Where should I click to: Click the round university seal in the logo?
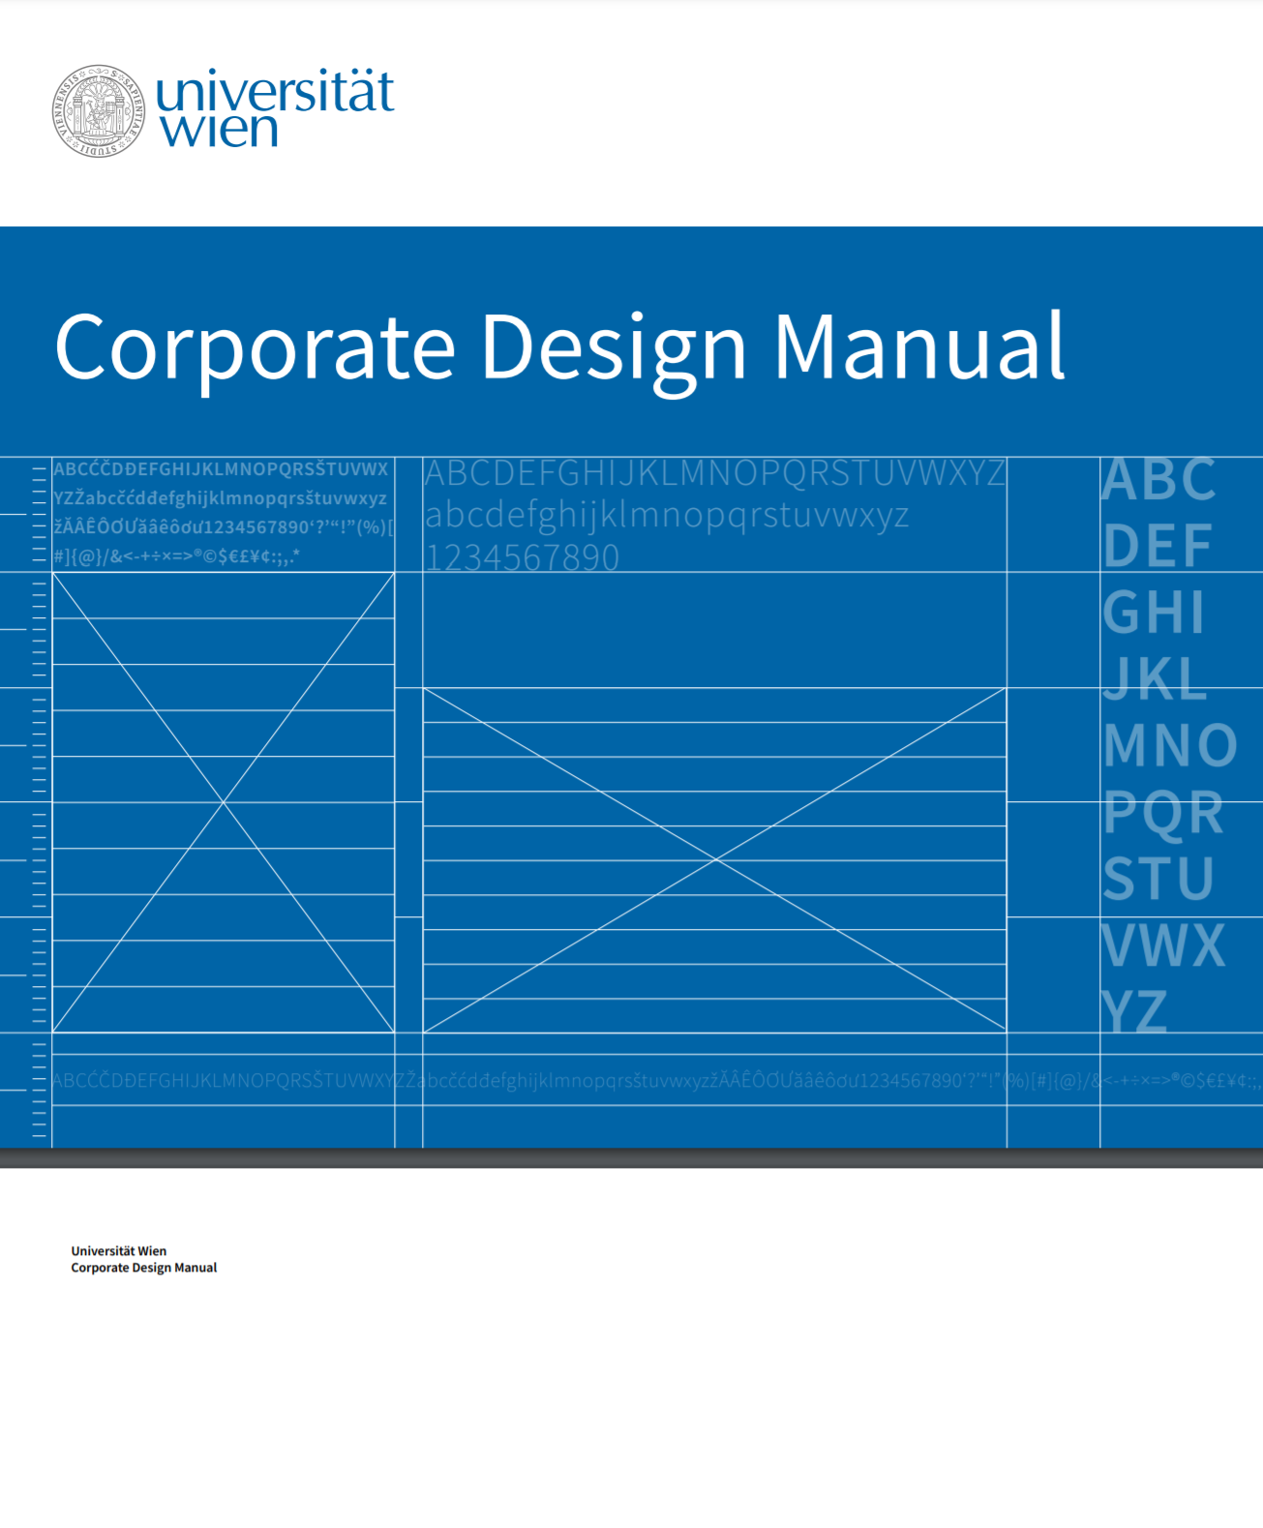[x=98, y=111]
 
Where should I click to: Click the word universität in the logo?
[x=275, y=92]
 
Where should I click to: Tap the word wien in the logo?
[x=220, y=130]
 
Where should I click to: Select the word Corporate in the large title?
[x=256, y=346]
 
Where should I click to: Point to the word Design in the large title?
[x=614, y=346]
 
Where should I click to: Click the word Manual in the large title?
[x=919, y=346]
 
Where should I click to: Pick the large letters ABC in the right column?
[x=1158, y=480]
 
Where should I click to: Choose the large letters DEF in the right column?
[x=1158, y=546]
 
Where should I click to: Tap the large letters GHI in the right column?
[x=1154, y=613]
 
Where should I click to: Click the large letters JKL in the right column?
[x=1156, y=678]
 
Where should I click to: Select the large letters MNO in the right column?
[x=1170, y=745]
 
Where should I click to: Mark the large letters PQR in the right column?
[x=1163, y=812]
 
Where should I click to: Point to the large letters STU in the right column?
[x=1158, y=878]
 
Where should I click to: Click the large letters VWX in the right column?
[x=1164, y=944]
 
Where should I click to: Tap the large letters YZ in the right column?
[x=1134, y=1011]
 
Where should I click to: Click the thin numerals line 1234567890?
[x=523, y=557]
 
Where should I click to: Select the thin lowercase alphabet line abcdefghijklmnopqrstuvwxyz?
[x=667, y=516]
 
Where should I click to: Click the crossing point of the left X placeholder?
[x=224, y=802]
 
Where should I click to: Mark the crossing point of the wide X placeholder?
[x=715, y=859]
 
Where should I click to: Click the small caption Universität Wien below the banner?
[x=119, y=1251]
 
